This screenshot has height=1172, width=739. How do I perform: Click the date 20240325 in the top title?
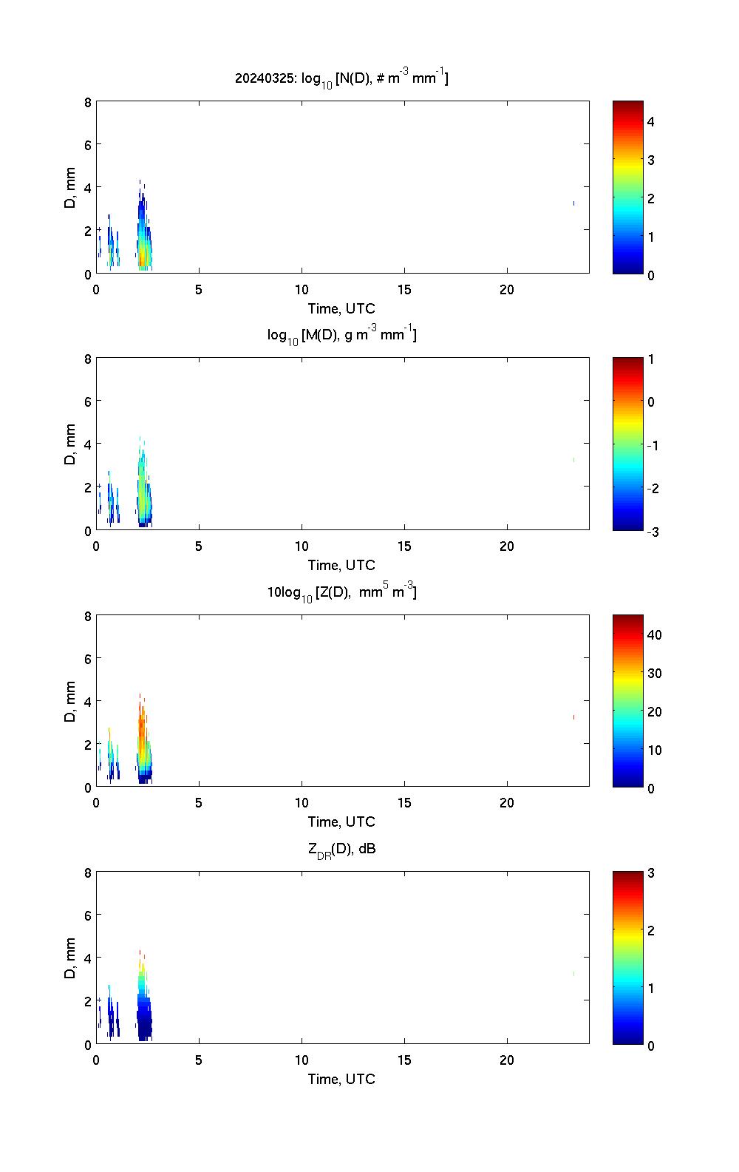point(264,78)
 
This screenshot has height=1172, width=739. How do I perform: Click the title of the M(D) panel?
point(341,335)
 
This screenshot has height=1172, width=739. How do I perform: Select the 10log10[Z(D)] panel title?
point(341,592)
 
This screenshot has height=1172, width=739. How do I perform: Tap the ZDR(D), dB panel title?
point(341,849)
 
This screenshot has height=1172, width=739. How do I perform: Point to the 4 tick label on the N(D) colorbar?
point(651,121)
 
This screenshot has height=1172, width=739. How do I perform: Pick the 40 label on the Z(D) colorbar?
point(654,634)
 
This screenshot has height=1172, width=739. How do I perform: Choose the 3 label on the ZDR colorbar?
point(651,873)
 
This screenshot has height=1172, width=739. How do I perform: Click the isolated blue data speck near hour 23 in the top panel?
point(573,203)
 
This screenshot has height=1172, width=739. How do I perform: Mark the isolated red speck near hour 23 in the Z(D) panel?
point(573,717)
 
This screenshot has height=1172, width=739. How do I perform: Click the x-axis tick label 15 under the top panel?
point(403,290)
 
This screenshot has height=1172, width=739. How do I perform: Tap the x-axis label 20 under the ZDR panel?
point(506,1060)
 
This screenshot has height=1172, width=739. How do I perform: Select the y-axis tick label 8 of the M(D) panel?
point(88,359)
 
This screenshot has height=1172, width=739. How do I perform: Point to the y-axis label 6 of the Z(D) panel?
point(88,658)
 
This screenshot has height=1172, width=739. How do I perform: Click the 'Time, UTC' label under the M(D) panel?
point(341,565)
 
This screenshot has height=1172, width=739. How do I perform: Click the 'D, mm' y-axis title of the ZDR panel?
point(71,958)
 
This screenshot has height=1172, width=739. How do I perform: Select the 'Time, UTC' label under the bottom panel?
point(341,1079)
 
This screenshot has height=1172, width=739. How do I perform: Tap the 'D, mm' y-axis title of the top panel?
point(71,188)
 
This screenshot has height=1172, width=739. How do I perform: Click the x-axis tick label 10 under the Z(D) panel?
point(302,804)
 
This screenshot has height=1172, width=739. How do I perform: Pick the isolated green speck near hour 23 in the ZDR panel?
point(573,974)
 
